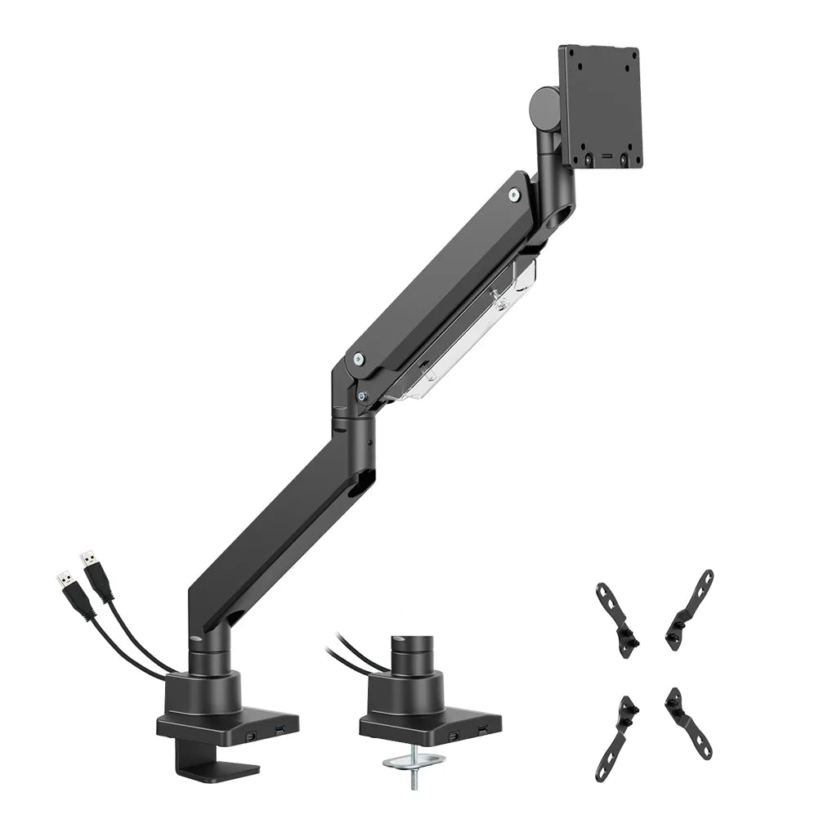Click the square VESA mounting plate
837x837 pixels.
click(x=600, y=106)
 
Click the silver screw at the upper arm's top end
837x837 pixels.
click(x=512, y=195)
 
